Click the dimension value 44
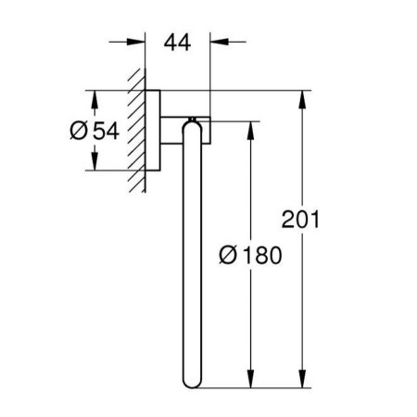point(177,43)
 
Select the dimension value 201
point(300,220)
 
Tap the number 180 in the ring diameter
point(262,255)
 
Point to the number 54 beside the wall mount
point(107,131)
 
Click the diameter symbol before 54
point(79,131)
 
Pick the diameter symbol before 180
point(229,255)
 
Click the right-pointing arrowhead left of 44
point(136,42)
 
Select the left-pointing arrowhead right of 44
point(220,42)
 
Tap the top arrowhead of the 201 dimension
point(303,99)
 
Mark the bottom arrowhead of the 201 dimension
point(303,379)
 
